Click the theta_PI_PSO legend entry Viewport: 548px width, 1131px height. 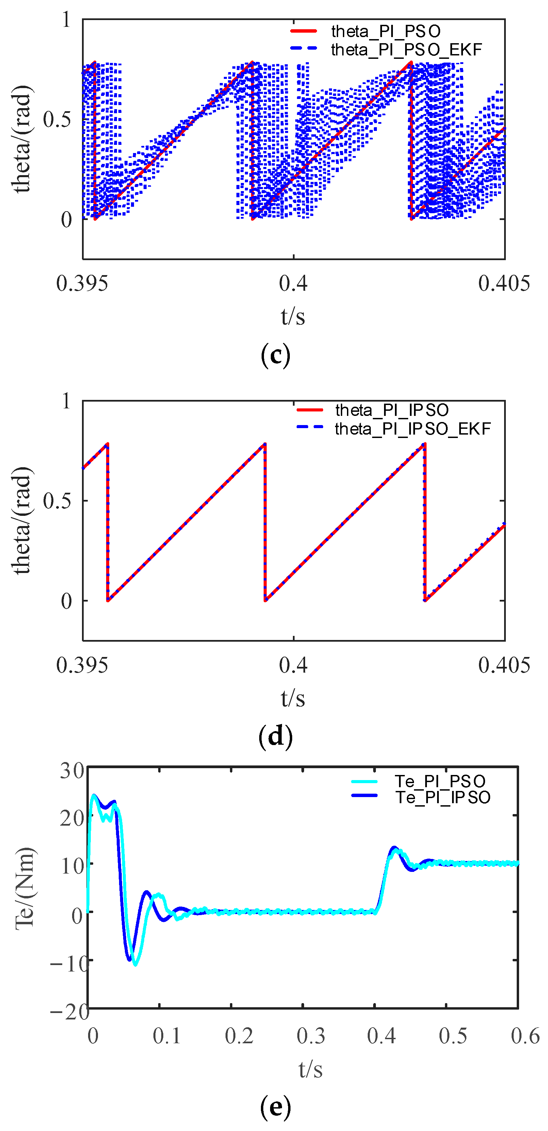[x=385, y=31]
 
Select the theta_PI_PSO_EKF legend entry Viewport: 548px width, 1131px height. [x=406, y=50]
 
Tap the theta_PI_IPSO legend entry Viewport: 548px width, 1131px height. [x=392, y=410]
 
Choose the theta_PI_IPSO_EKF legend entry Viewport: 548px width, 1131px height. [x=412, y=428]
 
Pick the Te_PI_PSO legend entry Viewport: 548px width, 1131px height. [x=440, y=781]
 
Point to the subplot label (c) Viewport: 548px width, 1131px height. [x=275, y=355]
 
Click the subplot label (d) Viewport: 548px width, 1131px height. [x=275, y=736]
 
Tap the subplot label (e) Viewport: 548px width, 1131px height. [x=275, y=1107]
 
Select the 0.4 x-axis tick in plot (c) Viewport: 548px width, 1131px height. [x=293, y=284]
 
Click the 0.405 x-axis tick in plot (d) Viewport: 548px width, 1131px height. [x=504, y=665]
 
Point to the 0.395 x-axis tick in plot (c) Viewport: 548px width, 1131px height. [x=82, y=284]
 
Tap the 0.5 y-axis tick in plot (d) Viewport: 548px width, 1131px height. [x=57, y=501]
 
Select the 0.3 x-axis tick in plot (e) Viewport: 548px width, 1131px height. [x=311, y=1036]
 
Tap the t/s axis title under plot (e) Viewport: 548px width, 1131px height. [x=311, y=1069]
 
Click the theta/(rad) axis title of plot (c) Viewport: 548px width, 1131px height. [x=22, y=139]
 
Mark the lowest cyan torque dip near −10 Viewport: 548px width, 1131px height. [x=135, y=965]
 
